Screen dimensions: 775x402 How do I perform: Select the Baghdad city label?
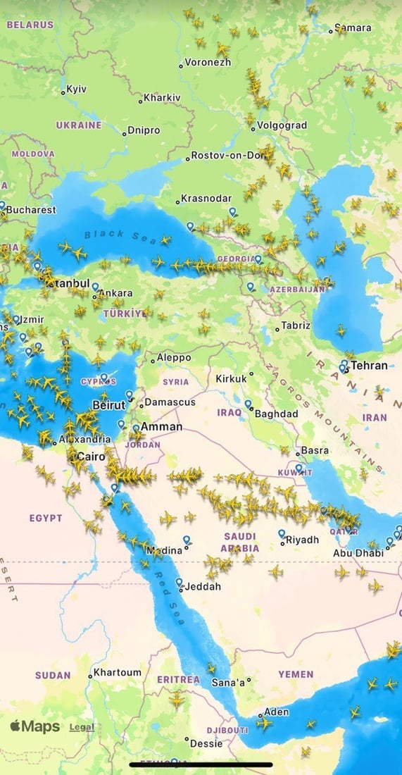pos(276,414)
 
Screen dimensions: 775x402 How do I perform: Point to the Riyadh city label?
pos(302,540)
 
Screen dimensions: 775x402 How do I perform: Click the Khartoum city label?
pos(117,673)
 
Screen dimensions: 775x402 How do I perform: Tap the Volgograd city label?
pos(281,125)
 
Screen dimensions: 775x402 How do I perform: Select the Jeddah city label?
pos(203,586)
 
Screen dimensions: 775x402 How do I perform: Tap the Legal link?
pos(82,727)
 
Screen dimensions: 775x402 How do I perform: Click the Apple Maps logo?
pos(35,726)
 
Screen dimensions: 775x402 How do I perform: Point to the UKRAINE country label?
pos(79,125)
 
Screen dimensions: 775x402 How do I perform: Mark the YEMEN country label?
pos(296,674)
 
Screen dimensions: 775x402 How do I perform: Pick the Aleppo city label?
pos(173,358)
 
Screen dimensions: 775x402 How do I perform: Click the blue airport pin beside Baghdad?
pos(248,404)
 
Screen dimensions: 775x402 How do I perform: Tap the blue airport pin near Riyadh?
pos(282,533)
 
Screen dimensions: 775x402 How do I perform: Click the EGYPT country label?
pos(46,519)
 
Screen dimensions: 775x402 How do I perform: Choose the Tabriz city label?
pos(295,325)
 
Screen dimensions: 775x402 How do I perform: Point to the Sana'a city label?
pos(228,682)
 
